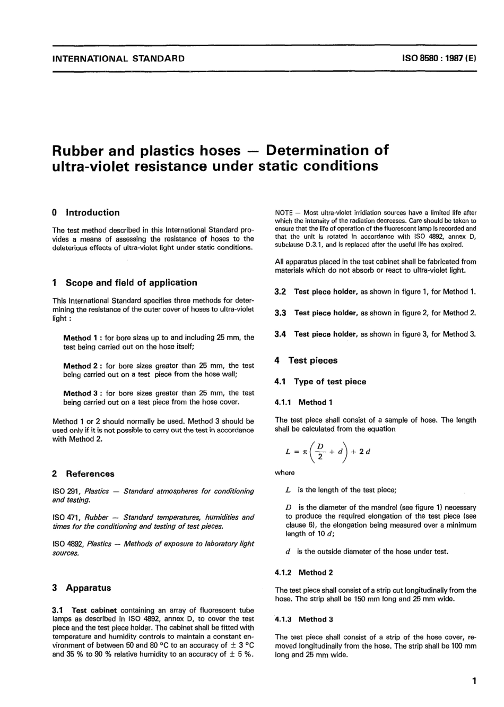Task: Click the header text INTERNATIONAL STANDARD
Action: coord(118,58)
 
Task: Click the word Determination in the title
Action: coord(327,150)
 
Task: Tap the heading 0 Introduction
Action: coord(86,212)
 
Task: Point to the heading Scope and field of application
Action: coord(131,283)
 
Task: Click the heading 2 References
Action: coord(84,473)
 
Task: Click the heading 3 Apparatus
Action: coord(82,588)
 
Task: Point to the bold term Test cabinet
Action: coord(94,610)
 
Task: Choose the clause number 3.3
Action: coord(281,313)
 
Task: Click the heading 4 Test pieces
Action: coord(306,360)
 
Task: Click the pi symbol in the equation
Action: coord(305,452)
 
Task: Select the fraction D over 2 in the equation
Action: coord(320,451)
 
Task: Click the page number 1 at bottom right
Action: coord(474,681)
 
